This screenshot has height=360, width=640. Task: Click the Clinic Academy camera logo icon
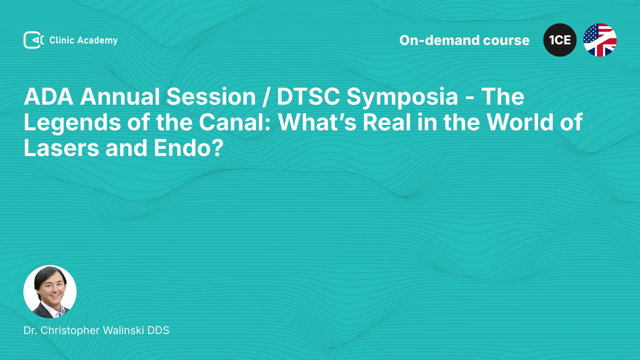pos(34,40)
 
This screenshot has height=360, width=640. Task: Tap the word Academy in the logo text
pos(97,41)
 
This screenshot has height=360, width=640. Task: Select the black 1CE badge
pos(560,40)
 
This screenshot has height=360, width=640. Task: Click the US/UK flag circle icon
pos(600,40)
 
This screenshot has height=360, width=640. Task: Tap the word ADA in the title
pos(49,97)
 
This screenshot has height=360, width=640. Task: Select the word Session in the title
pos(211,97)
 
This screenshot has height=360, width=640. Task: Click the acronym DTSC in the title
pos(308,97)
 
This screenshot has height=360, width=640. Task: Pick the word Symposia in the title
pos(402,98)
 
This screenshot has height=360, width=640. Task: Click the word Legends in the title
pos(72,123)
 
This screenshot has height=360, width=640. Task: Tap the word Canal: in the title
pos(235,122)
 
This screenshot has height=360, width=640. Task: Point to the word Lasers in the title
pos(62,148)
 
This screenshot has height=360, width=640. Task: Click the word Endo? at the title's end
pos(188,148)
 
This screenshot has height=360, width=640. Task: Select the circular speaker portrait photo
pos(50,292)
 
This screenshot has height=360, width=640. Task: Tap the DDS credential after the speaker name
pos(158,330)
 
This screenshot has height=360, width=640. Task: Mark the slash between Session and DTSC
pos(266,97)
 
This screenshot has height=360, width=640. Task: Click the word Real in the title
pos(387,122)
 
